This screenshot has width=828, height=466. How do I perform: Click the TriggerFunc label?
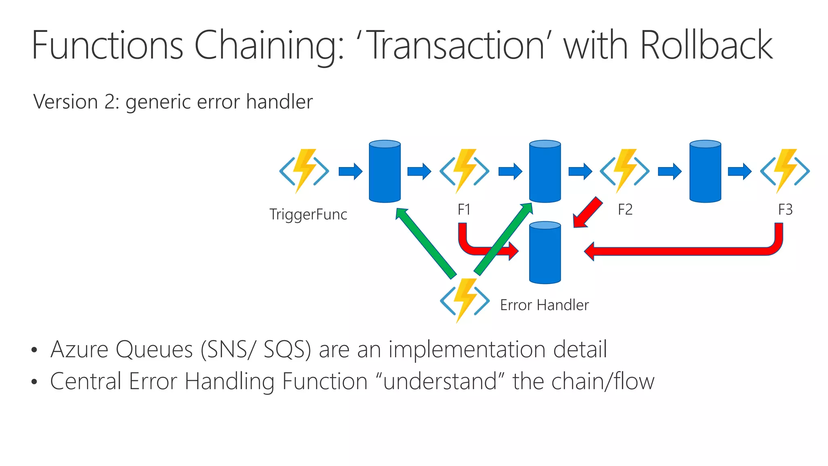pos(308,214)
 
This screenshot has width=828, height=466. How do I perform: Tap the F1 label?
pos(464,210)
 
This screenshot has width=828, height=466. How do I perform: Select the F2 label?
pos(625,210)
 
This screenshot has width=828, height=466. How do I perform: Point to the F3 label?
pos(785,210)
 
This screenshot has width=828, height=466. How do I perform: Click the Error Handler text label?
pos(544,305)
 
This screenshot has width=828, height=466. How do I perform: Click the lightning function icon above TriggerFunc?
pos(304,171)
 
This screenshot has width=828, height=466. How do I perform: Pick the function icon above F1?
pos(465,171)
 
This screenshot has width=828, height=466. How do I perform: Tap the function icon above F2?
pos(625,171)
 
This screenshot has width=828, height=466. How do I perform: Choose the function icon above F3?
pos(785,171)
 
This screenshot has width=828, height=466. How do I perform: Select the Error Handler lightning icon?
pos(465,301)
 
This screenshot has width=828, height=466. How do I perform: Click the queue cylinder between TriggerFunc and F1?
pos(385,171)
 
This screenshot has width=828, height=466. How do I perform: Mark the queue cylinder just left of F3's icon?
pos(705,171)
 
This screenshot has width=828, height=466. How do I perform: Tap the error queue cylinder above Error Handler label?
pos(545,252)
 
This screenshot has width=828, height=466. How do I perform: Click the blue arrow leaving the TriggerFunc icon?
pos(350,171)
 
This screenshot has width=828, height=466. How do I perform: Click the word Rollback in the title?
pos(706,45)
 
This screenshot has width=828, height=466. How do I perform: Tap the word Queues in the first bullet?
pos(154,349)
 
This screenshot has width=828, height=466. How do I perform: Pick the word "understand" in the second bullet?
pos(440,381)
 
